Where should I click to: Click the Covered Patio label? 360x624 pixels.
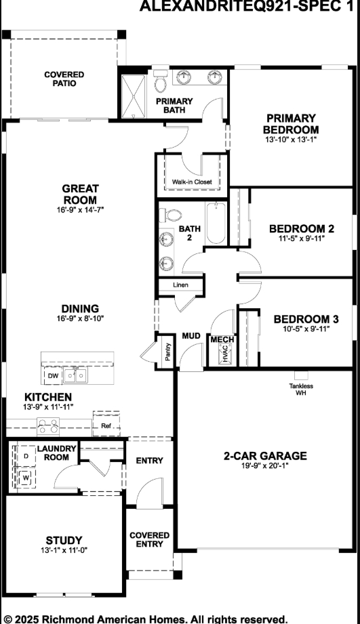pyautogui.click(x=64, y=79)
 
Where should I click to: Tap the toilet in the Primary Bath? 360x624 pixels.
pyautogui.click(x=160, y=82)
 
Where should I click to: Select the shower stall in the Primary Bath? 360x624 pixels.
pyautogui.click(x=134, y=95)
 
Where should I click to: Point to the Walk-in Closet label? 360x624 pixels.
pyautogui.click(x=191, y=182)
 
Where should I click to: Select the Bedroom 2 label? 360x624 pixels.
pyautogui.click(x=301, y=228)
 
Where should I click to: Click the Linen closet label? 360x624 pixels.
pyautogui.click(x=180, y=285)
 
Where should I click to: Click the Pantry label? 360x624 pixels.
pyautogui.click(x=167, y=352)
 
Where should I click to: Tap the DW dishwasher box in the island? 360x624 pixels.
pyautogui.click(x=53, y=375)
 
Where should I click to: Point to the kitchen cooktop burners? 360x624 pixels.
pyautogui.click(x=48, y=425)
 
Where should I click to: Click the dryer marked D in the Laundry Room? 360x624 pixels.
pyautogui.click(x=26, y=457)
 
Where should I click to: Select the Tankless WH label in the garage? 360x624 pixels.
pyautogui.click(x=301, y=390)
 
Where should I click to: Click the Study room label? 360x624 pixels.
pyautogui.click(x=64, y=540)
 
